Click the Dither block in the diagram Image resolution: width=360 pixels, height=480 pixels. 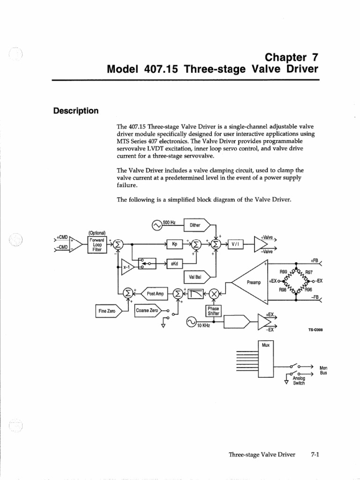195,225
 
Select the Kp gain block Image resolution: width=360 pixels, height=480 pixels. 174,244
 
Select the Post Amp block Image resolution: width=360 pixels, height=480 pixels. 154,293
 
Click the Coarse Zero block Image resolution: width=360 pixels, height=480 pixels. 147,310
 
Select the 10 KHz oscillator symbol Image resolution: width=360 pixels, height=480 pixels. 191,322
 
